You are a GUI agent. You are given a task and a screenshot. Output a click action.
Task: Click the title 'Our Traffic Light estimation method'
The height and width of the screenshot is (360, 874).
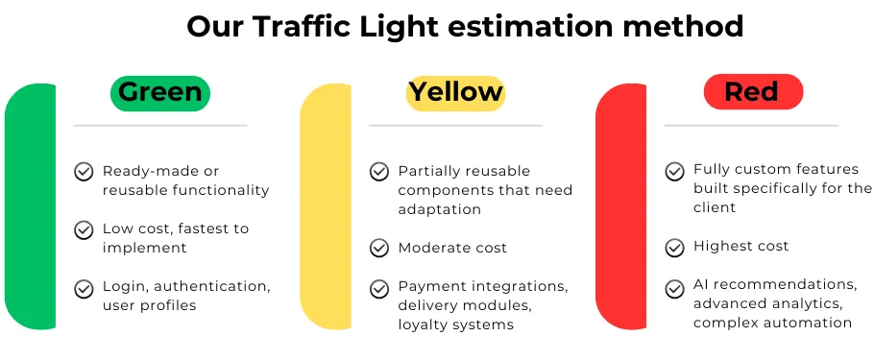pyautogui.click(x=465, y=26)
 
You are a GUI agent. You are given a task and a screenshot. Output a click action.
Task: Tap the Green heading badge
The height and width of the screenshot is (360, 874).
pyautogui.click(x=160, y=92)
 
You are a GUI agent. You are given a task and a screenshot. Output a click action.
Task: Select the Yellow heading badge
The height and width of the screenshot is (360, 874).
pyautogui.click(x=455, y=92)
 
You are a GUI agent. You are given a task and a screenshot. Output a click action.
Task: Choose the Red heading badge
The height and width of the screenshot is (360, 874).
pyautogui.click(x=752, y=92)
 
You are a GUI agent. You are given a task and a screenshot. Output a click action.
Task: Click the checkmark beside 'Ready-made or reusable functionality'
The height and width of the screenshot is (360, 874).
pyautogui.click(x=84, y=172)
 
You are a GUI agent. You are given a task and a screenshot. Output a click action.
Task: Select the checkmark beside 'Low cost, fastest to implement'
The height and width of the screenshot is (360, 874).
pyautogui.click(x=84, y=229)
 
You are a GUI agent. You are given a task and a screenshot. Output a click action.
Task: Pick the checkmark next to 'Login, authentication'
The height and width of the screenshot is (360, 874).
pyautogui.click(x=84, y=287)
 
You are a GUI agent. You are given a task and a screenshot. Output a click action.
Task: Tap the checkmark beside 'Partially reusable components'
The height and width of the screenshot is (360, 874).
pyautogui.click(x=379, y=172)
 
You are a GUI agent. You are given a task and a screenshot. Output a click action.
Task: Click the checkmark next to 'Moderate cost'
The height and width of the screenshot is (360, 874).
pyautogui.click(x=379, y=248)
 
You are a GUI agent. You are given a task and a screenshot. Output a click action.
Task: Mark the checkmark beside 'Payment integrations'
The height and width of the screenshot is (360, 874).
pyautogui.click(x=379, y=287)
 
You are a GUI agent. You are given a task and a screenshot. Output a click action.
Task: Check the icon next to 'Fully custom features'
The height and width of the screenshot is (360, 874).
pyautogui.click(x=675, y=171)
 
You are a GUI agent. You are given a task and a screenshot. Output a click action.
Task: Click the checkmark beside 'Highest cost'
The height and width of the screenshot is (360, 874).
pyautogui.click(x=675, y=247)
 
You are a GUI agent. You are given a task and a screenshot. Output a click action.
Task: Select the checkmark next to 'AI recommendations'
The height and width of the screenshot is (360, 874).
pyautogui.click(x=675, y=285)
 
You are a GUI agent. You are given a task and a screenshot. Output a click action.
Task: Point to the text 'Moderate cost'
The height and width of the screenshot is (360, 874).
pyautogui.click(x=452, y=248)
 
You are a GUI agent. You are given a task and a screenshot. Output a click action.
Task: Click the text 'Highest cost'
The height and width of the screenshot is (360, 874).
pyautogui.click(x=740, y=247)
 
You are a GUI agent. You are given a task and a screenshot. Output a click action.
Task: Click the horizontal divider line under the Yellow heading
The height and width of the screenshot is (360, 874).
pyautogui.click(x=455, y=126)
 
